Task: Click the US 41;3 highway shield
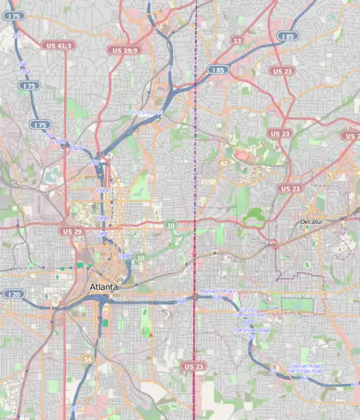[x=59, y=45]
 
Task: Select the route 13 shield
[x=236, y=41]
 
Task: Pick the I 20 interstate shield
[x=13, y=294]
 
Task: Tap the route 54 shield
[x=88, y=359]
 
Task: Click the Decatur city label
[x=312, y=222]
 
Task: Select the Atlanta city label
[x=103, y=287]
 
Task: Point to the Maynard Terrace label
[x=218, y=291]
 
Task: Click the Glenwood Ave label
[x=249, y=315]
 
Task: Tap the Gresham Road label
[x=304, y=366]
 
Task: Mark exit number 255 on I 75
[x=16, y=36]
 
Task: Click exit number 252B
[x=59, y=141]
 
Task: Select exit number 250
[x=94, y=162]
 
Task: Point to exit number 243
[x=73, y=408]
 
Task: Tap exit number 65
[x=355, y=385]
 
